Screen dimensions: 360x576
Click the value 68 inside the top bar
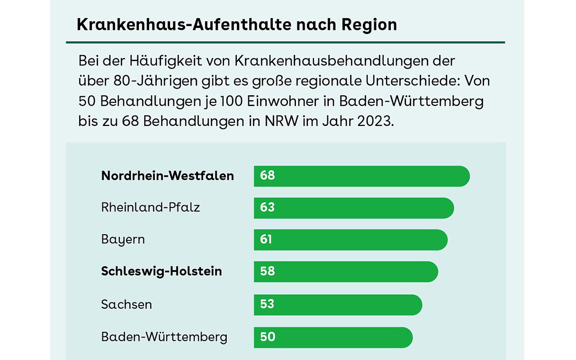pos(267,175)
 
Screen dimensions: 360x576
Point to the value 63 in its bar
pos(267,207)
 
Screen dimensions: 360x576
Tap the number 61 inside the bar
pos(266,239)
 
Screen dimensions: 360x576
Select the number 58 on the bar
pos(267,271)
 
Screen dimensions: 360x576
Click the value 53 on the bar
pos(267,304)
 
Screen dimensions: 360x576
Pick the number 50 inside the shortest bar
pos(268,337)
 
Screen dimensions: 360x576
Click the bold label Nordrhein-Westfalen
pos(167,176)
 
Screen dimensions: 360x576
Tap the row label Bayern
pos(123,240)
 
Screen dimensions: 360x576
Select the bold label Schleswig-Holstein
pos(161,271)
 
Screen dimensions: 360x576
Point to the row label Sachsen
pos(126,304)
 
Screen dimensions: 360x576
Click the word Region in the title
pos(369,25)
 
